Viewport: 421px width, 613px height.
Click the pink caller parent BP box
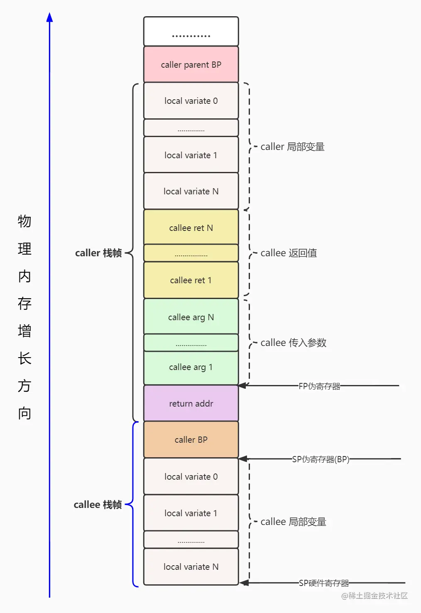pos(191,64)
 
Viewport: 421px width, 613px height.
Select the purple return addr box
pos(191,403)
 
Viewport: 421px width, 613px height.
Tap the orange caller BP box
pos(191,439)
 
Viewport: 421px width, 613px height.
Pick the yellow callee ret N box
pos(191,228)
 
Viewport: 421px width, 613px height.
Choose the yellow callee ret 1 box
pos(191,280)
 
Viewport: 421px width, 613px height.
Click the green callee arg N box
pos(191,317)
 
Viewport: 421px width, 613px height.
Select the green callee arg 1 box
pos(191,367)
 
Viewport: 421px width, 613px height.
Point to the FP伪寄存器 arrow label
pos(319,386)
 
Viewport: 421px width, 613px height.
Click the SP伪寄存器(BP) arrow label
pos(321,459)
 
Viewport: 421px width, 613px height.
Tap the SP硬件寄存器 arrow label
pos(324,583)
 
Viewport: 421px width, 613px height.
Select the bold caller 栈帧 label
pos(98,253)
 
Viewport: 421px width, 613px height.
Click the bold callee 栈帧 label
pos(98,505)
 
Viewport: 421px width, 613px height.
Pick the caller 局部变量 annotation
pos(292,147)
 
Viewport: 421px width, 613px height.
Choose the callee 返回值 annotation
pos(289,253)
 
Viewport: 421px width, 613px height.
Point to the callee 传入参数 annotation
pos(293,343)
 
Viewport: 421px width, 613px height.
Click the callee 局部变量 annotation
pos(293,522)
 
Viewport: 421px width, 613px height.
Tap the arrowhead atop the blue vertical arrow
pos(49,17)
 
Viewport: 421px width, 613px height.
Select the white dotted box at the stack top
pos(191,32)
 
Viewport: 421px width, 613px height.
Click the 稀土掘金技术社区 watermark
pos(374,596)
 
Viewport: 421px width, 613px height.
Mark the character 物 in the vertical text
pos(24,221)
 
